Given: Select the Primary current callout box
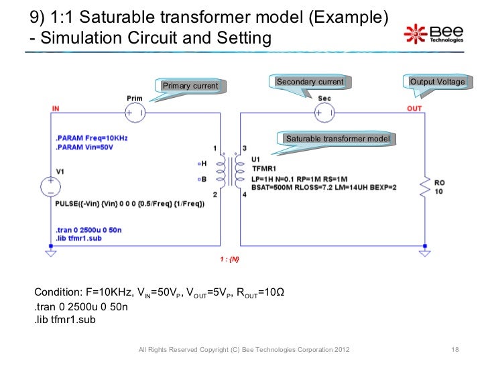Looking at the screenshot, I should coord(191,86).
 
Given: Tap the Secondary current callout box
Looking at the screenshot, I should coord(310,82).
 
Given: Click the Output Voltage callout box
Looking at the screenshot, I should coord(437,82).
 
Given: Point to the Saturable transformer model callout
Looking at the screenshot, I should coord(337,139).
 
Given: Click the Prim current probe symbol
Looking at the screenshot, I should coord(134,113).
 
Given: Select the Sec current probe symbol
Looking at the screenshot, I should coord(324,113).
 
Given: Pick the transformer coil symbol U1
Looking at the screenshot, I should coord(230,171).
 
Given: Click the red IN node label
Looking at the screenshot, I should coord(55,108).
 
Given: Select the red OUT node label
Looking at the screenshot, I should coord(414,108).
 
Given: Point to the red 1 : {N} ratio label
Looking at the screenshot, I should coord(230,259).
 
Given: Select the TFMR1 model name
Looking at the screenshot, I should coord(264,168).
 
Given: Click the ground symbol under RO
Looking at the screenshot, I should coord(424,253).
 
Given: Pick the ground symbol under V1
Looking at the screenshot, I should coord(50,253).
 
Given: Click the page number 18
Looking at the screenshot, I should coord(455,351).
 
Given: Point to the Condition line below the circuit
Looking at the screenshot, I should coord(160,294).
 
